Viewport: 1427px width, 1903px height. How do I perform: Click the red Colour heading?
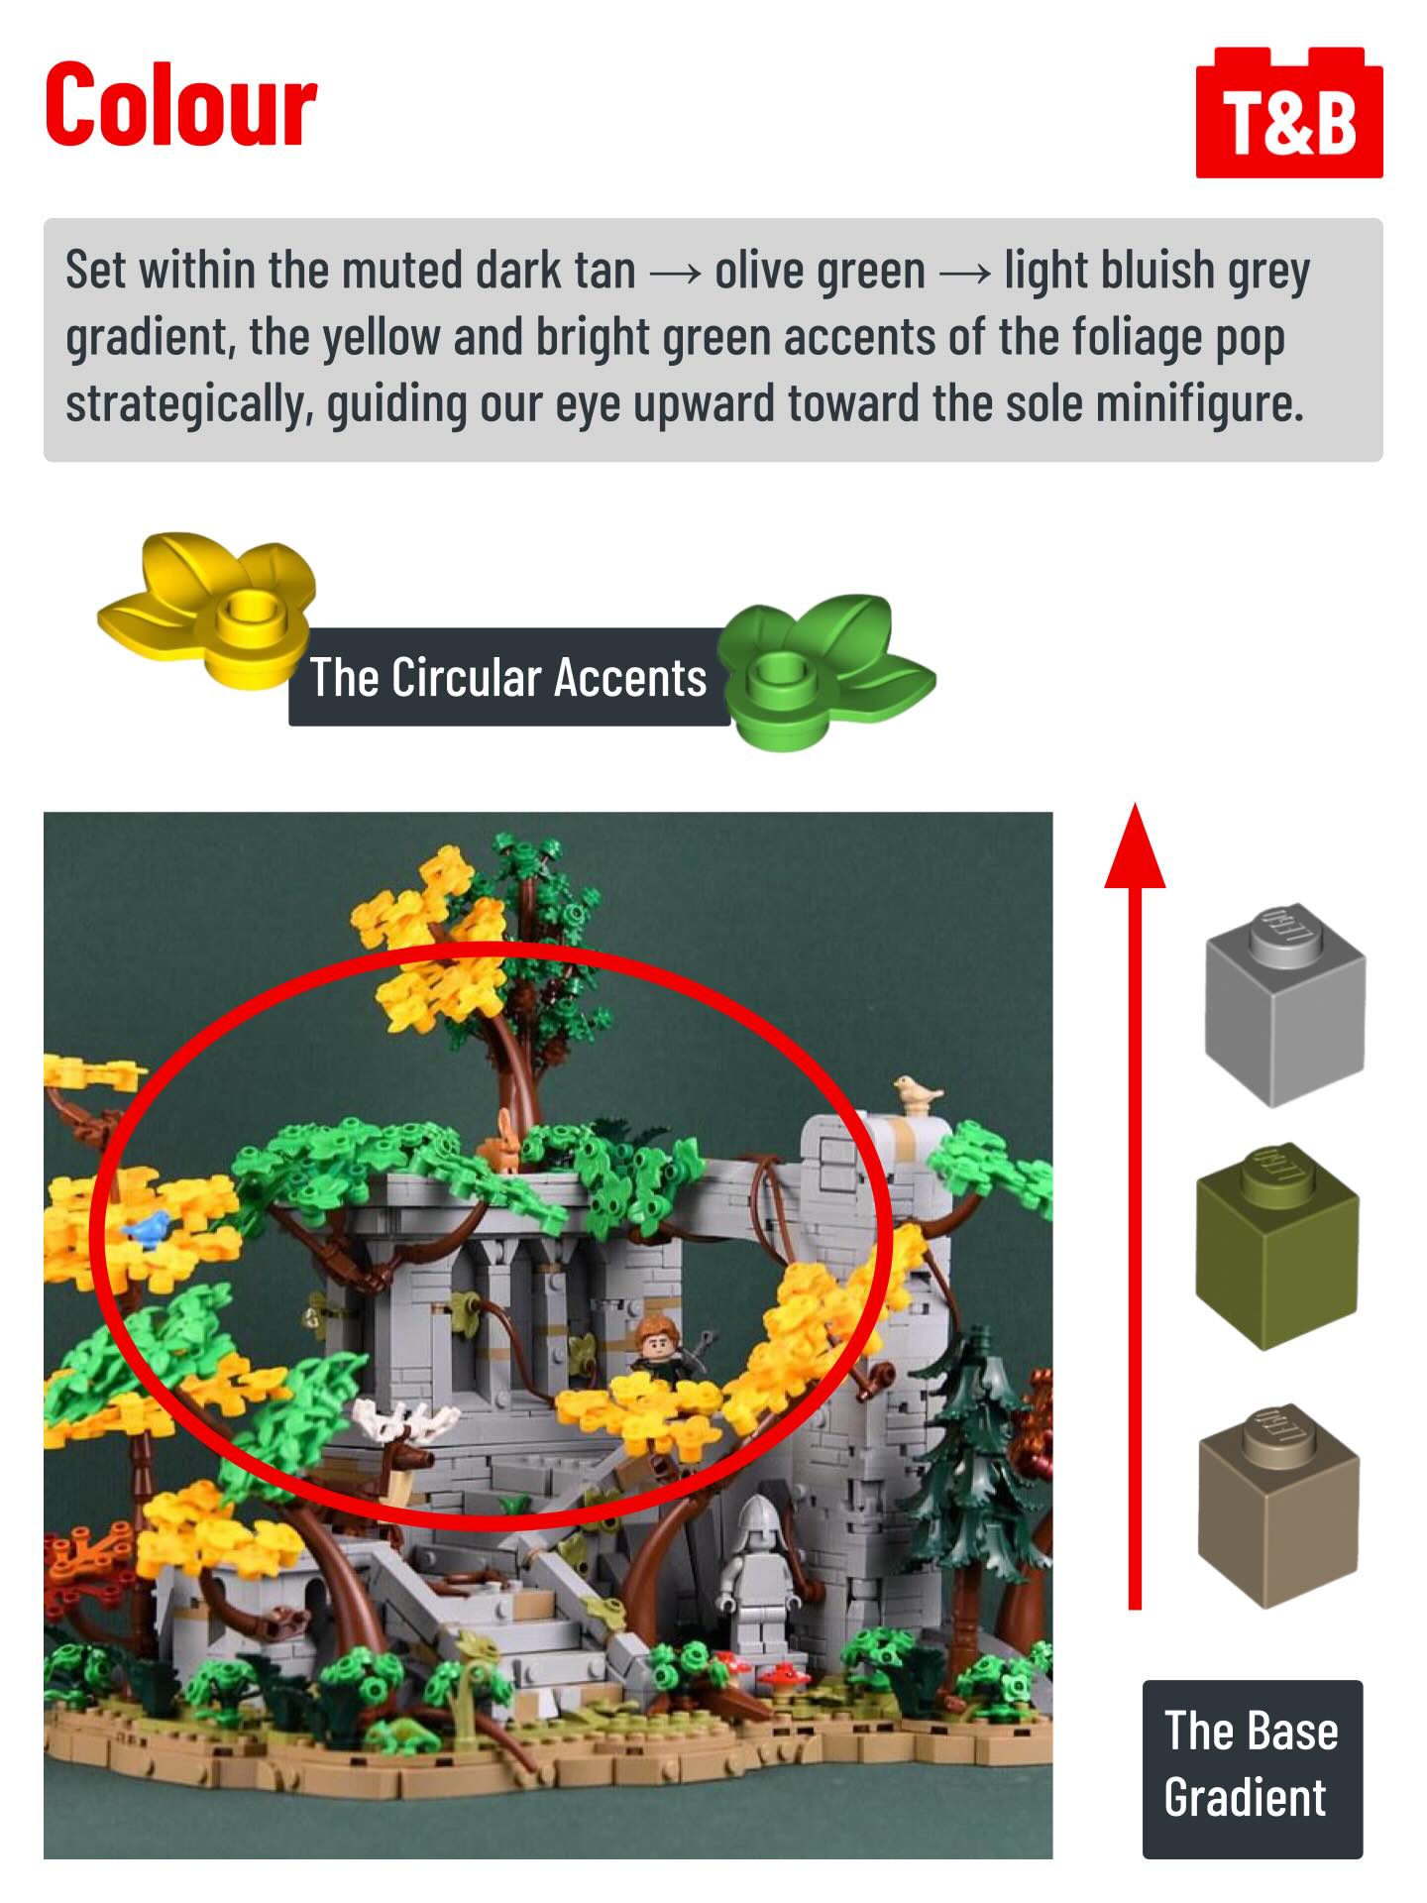pyautogui.click(x=180, y=105)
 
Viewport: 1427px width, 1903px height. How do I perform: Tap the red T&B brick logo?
pyautogui.click(x=1288, y=113)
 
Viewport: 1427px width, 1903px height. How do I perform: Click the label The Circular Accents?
pyautogui.click(x=508, y=678)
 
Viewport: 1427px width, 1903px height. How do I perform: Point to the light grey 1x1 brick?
pyautogui.click(x=1284, y=1004)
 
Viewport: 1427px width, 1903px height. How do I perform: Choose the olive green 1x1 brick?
pyautogui.click(x=1277, y=1246)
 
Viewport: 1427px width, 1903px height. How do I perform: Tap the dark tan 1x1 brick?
pyautogui.click(x=1278, y=1505)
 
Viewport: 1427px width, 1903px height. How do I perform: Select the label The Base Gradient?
pyautogui.click(x=1252, y=1767)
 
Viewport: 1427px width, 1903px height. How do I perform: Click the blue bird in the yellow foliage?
pyautogui.click(x=147, y=1229)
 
